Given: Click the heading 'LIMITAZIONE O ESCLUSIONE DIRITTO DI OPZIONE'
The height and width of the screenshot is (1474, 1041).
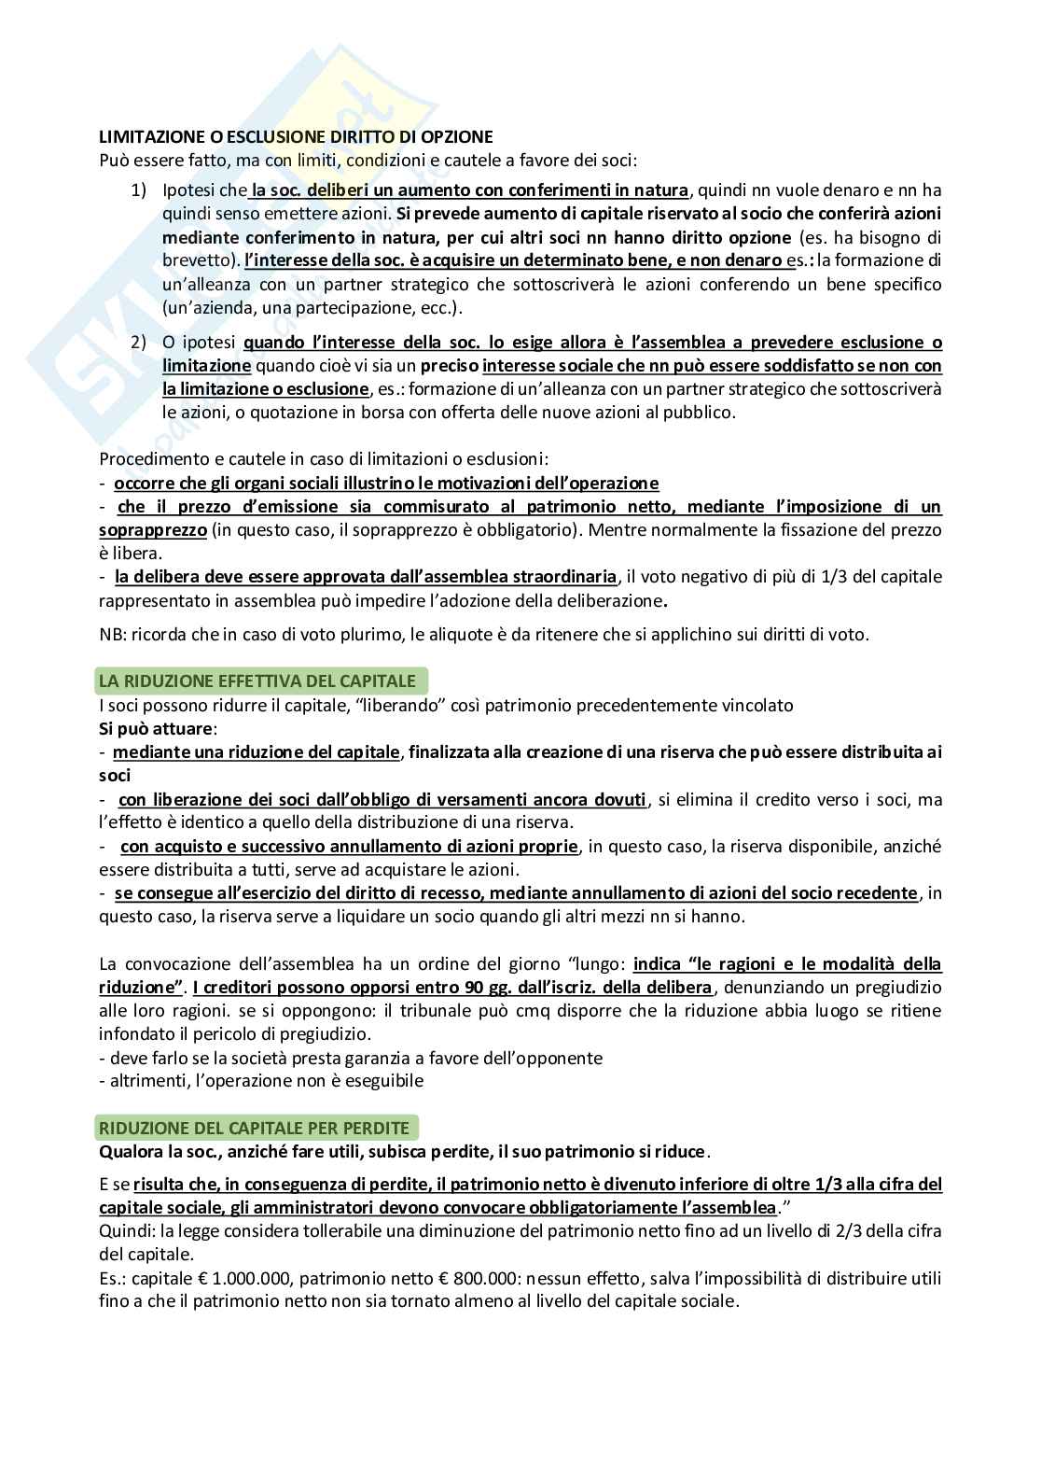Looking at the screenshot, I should [x=296, y=136].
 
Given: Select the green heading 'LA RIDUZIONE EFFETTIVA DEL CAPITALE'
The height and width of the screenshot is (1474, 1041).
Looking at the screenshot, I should [x=257, y=681].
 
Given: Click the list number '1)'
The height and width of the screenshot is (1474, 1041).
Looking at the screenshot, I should [x=139, y=190].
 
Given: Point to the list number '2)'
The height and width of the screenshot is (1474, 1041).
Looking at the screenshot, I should [x=139, y=343].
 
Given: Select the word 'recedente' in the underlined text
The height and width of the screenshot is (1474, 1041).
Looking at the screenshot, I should [x=877, y=893].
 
